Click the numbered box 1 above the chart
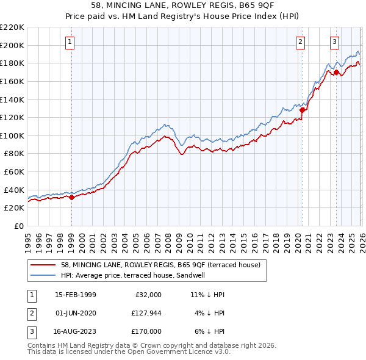[71, 42]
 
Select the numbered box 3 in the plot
[335, 42]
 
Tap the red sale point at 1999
[71, 196]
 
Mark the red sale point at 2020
[302, 110]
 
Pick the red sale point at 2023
[336, 72]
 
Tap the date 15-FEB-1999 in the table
[75, 294]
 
